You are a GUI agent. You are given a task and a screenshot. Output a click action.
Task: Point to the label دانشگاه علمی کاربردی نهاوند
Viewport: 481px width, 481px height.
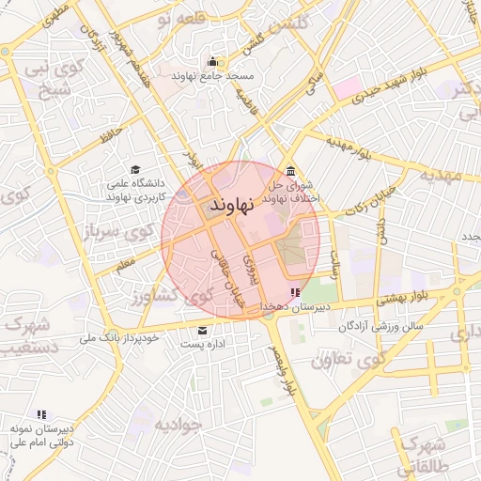tap(137, 191)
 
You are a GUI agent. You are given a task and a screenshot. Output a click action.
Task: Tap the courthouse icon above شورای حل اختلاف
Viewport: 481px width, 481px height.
tap(290, 172)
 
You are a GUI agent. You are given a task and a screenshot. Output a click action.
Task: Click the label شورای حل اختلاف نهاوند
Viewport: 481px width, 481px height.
tap(292, 193)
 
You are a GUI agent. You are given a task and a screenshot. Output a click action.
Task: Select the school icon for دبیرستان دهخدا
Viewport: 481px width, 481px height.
tap(297, 293)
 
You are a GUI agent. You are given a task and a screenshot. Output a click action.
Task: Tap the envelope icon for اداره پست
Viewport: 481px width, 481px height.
tap(203, 331)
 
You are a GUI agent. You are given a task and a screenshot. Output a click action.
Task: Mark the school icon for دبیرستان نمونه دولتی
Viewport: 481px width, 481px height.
tap(41, 413)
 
